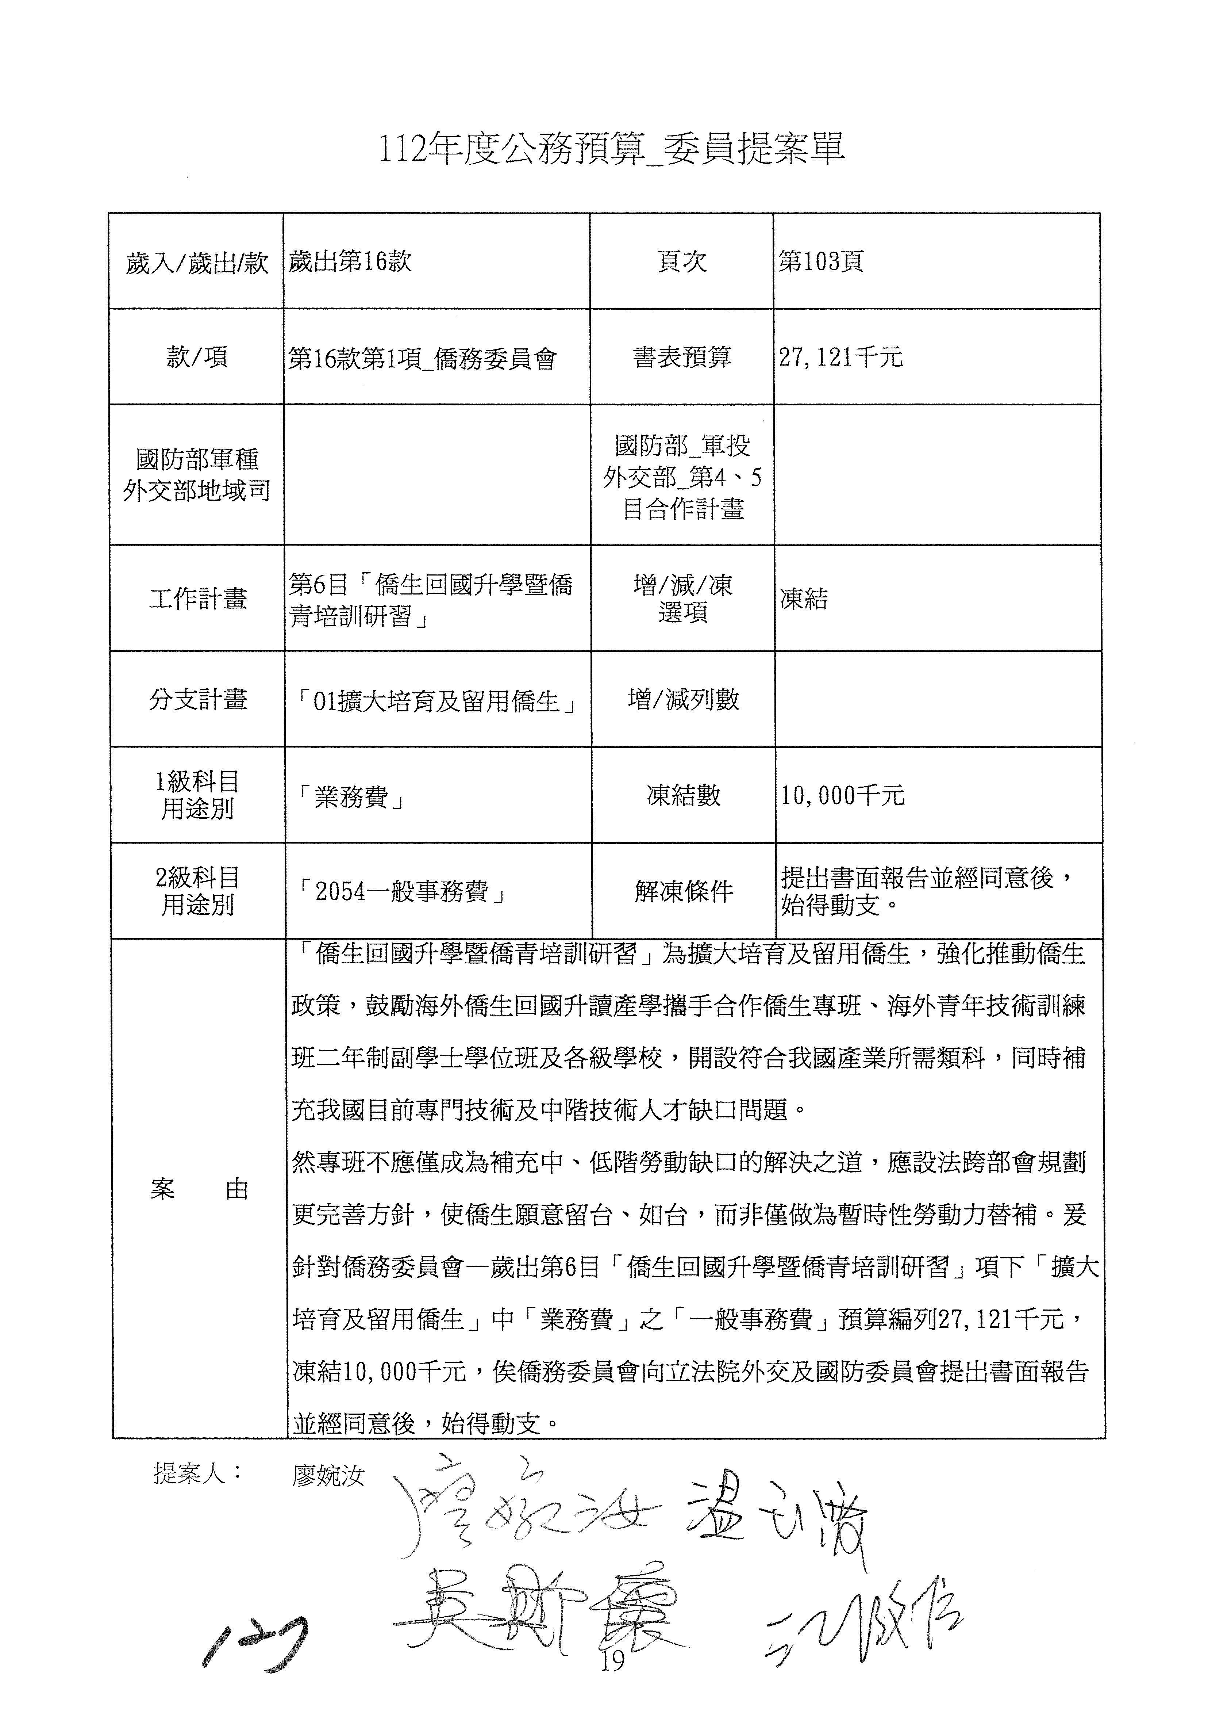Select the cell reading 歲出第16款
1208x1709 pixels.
[350, 262]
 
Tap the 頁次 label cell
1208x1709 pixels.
[681, 262]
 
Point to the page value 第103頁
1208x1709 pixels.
[821, 262]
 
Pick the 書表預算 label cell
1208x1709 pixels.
[681, 358]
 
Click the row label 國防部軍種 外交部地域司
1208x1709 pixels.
[197, 475]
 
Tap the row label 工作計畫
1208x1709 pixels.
[197, 599]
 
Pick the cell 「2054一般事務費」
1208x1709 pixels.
[402, 892]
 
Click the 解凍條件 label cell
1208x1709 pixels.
[683, 892]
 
